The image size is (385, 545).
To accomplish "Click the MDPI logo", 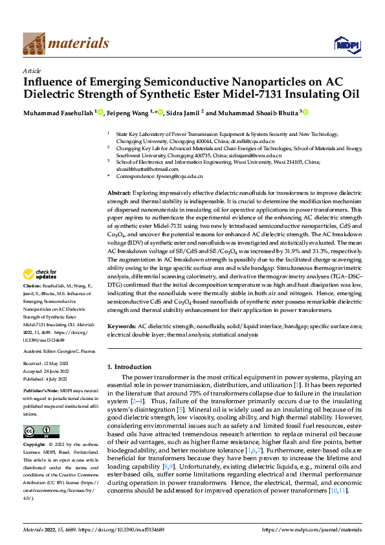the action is pos(343,43).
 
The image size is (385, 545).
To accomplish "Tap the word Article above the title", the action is pos(32,71).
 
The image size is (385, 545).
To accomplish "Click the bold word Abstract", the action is pos(118,193).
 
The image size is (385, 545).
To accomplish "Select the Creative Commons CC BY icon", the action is pos(41,432).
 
